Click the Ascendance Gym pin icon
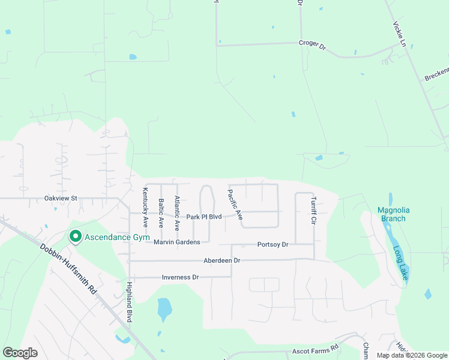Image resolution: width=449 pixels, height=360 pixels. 75,237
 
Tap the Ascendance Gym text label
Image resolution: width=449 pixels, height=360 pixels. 116,238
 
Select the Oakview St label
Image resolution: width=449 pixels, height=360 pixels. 61,198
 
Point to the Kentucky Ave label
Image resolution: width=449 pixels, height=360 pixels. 145,207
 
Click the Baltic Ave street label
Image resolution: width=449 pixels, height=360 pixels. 161,213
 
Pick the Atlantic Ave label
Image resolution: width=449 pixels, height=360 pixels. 176,214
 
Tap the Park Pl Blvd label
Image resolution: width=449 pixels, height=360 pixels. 204,217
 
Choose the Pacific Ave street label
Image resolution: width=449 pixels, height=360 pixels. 235,205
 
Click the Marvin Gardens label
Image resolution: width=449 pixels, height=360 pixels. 176,242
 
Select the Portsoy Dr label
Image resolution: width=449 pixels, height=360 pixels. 273,245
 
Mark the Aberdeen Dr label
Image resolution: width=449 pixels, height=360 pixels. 221,260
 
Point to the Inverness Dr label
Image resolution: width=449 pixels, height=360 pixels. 180,277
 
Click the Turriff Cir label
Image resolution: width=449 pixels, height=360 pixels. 313,211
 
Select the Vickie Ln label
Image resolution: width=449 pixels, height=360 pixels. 400,35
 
